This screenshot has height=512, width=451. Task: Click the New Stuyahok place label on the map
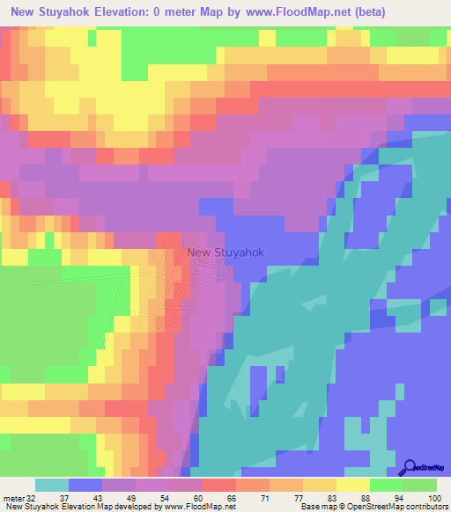(225, 253)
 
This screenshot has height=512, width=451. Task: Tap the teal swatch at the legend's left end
(51, 485)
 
